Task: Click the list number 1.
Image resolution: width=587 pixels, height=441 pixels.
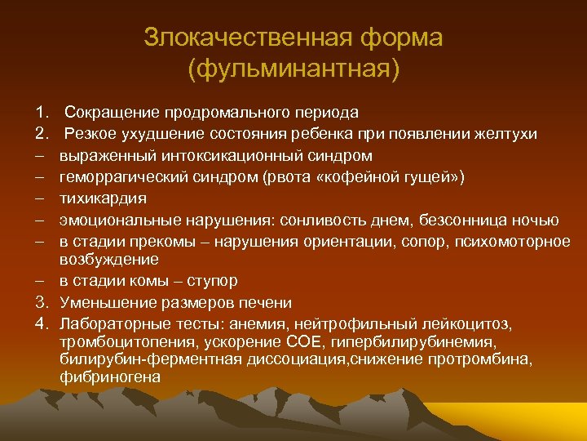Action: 40,111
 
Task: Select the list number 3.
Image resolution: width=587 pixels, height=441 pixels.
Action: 40,302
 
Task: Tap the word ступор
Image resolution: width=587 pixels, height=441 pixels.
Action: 212,281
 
